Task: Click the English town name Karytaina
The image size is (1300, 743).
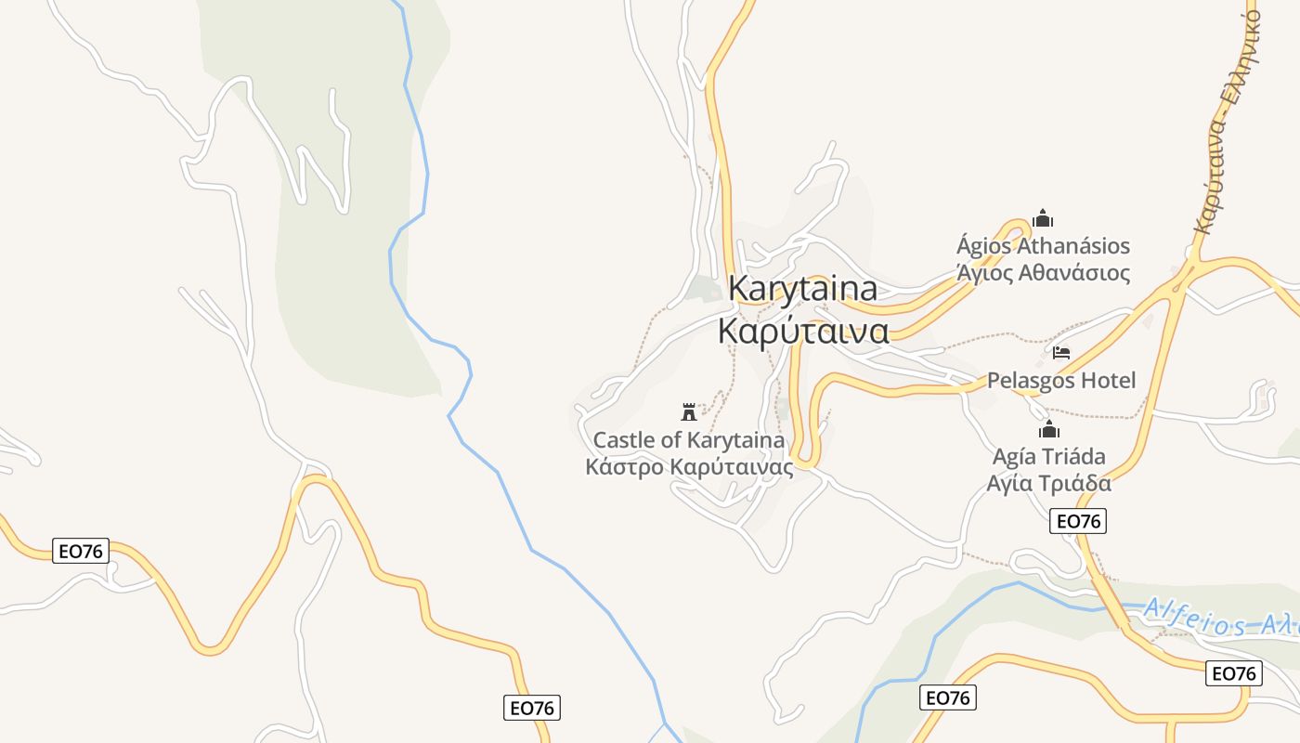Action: point(802,289)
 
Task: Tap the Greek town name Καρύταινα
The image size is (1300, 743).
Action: point(804,331)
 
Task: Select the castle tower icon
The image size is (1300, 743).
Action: point(689,411)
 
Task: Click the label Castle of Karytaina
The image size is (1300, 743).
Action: point(689,439)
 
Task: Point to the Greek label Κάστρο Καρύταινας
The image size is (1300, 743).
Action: point(689,466)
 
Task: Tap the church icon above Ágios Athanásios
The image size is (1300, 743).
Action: point(1043,219)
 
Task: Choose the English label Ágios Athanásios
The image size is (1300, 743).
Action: point(1043,246)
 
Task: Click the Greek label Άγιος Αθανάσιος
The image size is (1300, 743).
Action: point(1043,273)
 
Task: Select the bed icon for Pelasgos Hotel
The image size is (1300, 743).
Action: point(1061,353)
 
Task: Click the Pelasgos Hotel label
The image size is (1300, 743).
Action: point(1061,381)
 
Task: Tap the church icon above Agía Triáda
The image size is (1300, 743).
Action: point(1049,429)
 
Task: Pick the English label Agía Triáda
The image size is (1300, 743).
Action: point(1049,456)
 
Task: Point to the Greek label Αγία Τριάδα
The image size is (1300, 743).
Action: point(1049,483)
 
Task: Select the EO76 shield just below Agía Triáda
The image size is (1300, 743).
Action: point(1078,521)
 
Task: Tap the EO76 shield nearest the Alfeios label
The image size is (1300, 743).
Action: point(1233,673)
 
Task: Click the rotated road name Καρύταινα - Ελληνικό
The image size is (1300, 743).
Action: point(1228,116)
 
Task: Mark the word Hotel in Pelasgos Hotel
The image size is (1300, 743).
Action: point(1106,381)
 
